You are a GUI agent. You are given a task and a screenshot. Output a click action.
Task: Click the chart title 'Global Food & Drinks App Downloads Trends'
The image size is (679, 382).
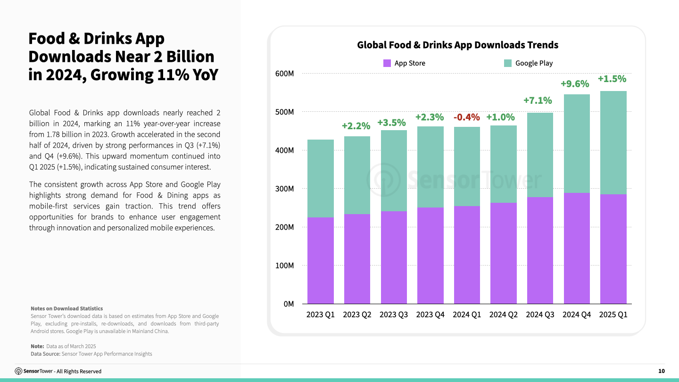tap(457, 45)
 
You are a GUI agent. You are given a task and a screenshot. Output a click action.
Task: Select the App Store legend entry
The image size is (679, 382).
tap(405, 63)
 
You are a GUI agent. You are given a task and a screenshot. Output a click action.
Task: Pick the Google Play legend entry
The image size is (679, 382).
tap(529, 63)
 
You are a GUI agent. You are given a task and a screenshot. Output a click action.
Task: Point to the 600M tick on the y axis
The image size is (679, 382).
tap(285, 74)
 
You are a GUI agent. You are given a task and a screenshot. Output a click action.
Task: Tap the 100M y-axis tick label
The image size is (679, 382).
tap(285, 266)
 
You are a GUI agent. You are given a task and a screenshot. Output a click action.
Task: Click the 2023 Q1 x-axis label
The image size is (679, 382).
tap(320, 315)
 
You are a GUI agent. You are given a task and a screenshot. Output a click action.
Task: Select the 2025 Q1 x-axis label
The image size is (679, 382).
tap(613, 315)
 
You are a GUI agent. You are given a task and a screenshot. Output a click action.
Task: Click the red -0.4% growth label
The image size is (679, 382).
tap(466, 117)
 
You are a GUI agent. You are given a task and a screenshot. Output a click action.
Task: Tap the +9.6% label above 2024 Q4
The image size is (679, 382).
tap(575, 84)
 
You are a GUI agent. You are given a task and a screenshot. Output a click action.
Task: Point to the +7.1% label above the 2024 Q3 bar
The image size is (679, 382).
tap(538, 100)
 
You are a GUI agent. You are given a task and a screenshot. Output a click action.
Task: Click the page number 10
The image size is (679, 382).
tap(662, 371)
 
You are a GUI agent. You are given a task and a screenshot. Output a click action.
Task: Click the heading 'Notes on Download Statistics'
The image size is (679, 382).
tap(66, 308)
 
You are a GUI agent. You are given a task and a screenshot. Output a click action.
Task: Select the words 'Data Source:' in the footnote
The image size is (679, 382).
tap(45, 354)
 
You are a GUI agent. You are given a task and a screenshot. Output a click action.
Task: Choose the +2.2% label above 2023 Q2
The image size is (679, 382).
tap(356, 126)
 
